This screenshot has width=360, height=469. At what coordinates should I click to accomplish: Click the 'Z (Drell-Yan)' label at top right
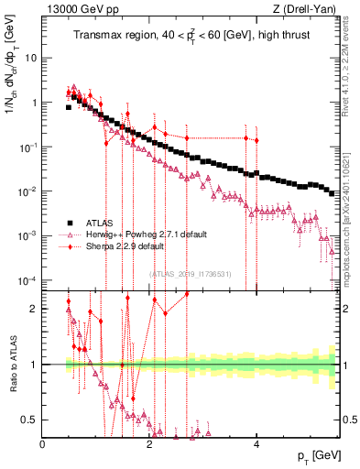coord(306,8)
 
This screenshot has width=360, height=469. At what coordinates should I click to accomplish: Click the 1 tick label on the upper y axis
coord(35,103)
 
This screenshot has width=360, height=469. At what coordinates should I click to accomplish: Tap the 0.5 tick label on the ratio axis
coord(30,420)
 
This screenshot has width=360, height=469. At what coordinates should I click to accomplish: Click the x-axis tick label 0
coord(43,444)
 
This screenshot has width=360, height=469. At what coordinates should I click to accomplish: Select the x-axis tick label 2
coord(149,444)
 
